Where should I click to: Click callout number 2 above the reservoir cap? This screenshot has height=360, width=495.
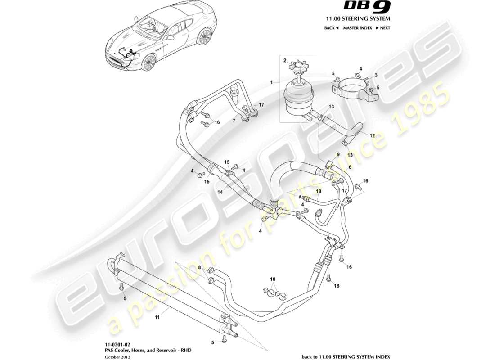point(284,60)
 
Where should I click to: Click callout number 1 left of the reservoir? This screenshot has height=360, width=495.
point(272,82)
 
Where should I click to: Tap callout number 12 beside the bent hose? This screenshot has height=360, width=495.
point(372,135)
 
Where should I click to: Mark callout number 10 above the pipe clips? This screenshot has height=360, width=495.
point(273,279)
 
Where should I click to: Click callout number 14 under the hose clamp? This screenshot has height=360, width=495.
point(220,191)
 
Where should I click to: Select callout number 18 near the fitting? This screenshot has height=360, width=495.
point(319,191)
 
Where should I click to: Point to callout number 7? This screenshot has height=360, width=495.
point(234,121)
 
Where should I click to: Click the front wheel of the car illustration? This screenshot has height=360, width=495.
point(148,63)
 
